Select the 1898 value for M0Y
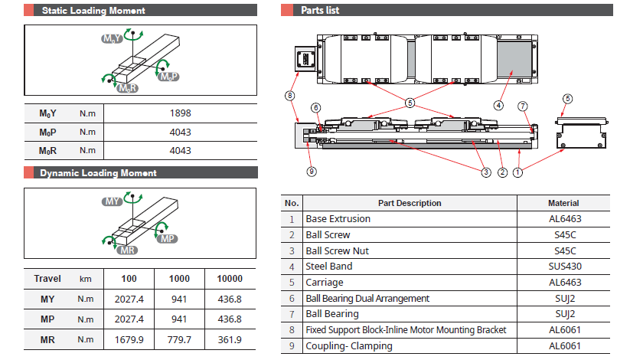click(180, 113)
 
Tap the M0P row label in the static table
click(48, 132)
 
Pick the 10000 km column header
click(230, 279)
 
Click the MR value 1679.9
click(128, 339)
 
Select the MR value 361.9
click(230, 339)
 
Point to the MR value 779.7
click(179, 339)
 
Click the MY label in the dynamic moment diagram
click(113, 201)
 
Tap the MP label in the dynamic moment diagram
click(168, 239)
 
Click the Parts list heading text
click(320, 11)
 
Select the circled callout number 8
click(289, 96)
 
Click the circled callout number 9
click(312, 172)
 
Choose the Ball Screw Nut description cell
click(337, 250)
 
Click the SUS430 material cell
click(563, 267)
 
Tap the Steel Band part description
click(329, 267)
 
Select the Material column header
click(563, 203)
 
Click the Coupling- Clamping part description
click(348, 345)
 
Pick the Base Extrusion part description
click(338, 219)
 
